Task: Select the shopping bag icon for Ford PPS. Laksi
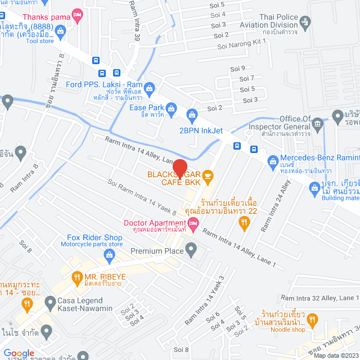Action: pos(149,87)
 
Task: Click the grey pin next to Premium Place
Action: pos(191,248)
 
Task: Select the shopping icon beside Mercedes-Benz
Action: pos(273,161)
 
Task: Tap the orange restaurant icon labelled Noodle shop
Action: pos(313,321)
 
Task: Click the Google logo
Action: pos(19,353)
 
